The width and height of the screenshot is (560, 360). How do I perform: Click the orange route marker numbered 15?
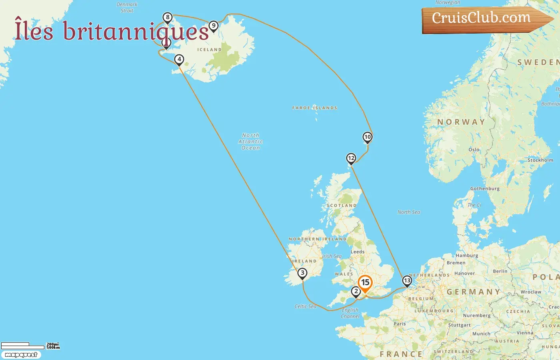coord(365,283)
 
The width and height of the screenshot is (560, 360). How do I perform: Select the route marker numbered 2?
coord(356,292)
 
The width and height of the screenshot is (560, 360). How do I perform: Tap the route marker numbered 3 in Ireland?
coord(302,273)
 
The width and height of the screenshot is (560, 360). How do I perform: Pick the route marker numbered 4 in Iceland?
coord(179,60)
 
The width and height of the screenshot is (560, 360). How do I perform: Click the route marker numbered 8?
coord(168,17)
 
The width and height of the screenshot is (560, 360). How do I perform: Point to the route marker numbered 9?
coord(214,26)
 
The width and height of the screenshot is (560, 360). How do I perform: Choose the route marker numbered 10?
coord(367,137)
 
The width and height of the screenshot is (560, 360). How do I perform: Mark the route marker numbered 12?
coord(351,158)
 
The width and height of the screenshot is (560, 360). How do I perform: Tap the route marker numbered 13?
coord(407,280)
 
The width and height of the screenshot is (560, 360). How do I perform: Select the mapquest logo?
coord(21,355)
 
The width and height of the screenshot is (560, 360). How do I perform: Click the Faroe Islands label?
coord(315,108)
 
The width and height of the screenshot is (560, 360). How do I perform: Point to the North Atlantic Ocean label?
coord(251,142)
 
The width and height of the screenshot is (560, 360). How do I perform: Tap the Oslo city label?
coord(474,150)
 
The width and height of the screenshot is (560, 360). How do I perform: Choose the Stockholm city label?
coord(540,160)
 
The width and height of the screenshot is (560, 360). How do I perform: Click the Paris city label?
coord(400,324)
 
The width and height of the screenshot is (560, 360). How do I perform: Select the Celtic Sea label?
coord(305,306)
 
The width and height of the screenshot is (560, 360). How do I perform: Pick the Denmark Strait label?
coord(127,8)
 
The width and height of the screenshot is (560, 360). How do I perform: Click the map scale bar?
coord(22,346)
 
